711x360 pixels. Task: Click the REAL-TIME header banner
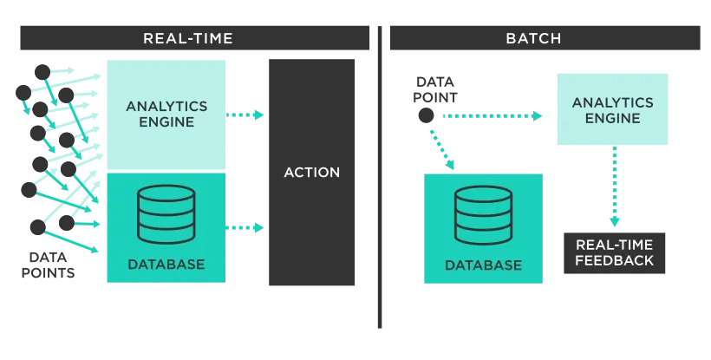[194, 38]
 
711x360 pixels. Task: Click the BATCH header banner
[545, 38]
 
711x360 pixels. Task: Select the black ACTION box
[311, 173]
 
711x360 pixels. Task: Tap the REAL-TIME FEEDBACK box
[615, 253]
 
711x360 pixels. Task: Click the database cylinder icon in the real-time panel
[166, 214]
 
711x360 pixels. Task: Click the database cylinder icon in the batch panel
[483, 215]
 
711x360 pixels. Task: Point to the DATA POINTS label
[48, 265]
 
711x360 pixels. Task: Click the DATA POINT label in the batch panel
[435, 89]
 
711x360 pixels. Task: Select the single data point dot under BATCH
[426, 115]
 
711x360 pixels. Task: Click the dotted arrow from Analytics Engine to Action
[245, 115]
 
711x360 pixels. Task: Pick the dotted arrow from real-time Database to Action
[245, 227]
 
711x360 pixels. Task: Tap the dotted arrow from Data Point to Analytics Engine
[492, 116]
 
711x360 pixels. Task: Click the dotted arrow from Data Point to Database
[442, 150]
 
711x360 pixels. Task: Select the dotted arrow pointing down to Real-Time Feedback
[615, 187]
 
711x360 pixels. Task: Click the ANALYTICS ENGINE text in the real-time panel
[166, 114]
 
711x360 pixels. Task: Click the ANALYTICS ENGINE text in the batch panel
[613, 110]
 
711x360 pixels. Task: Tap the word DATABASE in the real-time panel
[166, 265]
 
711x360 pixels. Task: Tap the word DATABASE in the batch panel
[483, 265]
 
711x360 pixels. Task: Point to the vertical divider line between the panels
[380, 177]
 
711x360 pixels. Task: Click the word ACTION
[312, 173]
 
